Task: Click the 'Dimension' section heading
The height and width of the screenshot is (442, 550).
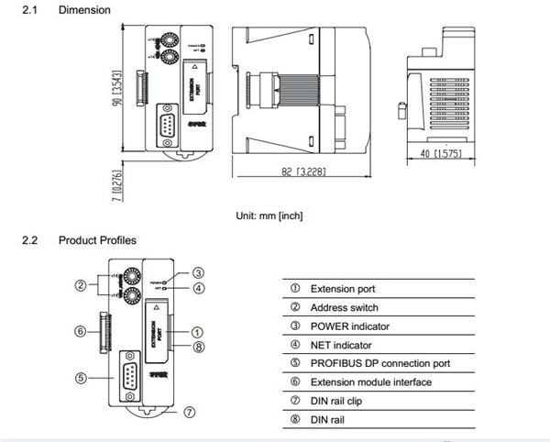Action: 84,10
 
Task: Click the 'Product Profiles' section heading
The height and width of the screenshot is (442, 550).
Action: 97,240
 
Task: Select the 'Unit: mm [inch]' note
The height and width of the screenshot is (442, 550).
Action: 269,215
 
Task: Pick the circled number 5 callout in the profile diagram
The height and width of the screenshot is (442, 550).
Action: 82,376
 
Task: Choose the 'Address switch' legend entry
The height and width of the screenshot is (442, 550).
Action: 344,307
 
